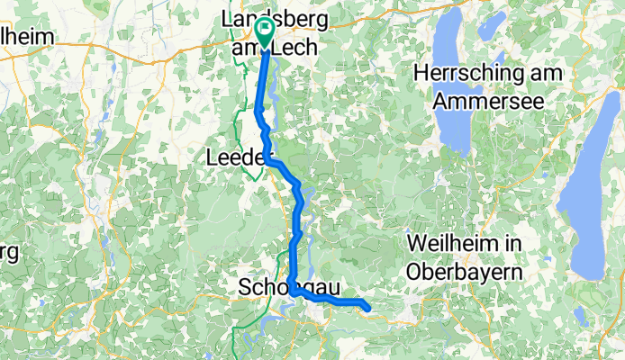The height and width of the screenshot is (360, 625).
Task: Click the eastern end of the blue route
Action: (x=367, y=309)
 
